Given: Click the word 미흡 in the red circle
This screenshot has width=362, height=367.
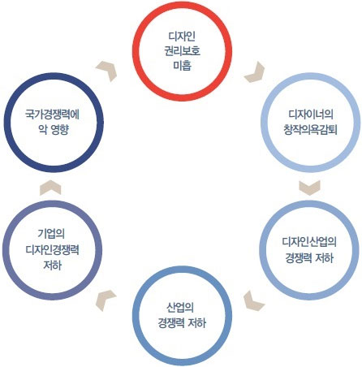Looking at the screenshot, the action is click(x=183, y=66).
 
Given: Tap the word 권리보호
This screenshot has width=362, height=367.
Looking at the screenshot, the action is click(x=183, y=50).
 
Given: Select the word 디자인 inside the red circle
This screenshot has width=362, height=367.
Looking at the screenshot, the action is click(x=183, y=36).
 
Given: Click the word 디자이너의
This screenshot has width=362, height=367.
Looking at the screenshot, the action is click(x=311, y=114).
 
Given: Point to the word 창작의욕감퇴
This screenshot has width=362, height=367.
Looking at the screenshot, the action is click(x=310, y=129).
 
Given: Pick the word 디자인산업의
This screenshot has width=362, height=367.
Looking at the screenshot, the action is click(x=309, y=242).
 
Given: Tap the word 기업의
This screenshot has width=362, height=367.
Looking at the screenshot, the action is click(x=51, y=234).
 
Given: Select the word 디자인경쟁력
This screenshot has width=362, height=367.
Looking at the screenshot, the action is click(x=52, y=249).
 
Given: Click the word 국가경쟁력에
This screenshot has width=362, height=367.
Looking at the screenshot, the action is click(x=52, y=114).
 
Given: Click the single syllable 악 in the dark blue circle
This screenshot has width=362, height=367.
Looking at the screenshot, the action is click(x=43, y=130).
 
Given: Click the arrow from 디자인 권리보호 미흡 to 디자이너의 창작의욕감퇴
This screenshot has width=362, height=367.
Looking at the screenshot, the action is click(x=255, y=72).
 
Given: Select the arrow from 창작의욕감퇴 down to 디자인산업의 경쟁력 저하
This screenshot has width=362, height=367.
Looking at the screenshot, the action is click(x=309, y=188).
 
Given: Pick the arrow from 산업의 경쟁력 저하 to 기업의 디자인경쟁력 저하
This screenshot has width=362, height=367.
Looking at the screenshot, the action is click(x=106, y=300).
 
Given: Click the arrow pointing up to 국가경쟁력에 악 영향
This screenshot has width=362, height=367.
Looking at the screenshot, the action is click(x=50, y=188).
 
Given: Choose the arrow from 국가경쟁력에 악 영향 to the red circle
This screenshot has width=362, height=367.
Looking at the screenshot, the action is click(x=107, y=71).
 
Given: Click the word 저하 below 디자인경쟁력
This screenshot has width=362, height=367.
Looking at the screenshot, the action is click(x=52, y=265).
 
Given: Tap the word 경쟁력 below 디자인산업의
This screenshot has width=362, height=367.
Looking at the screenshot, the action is click(x=298, y=257).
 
